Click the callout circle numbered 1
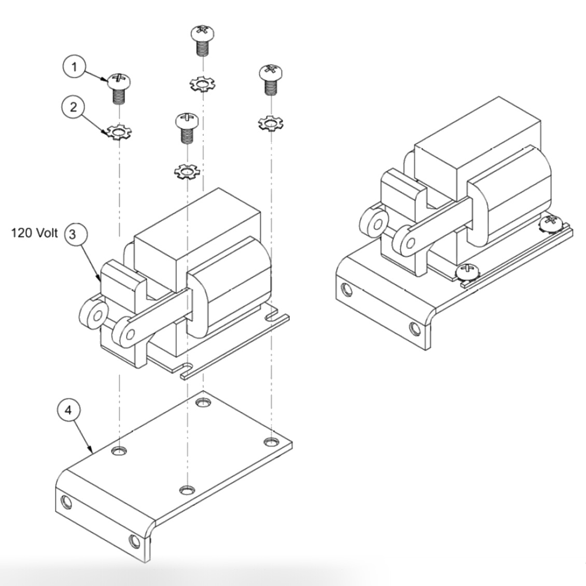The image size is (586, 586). click(x=76, y=68)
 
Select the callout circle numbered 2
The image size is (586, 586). click(x=73, y=107)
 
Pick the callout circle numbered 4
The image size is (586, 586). click(x=68, y=410)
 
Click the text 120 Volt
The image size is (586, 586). click(x=35, y=233)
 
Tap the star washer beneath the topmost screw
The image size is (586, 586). click(x=202, y=83)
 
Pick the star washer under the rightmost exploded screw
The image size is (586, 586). click(x=270, y=123)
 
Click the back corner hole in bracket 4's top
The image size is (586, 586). click(x=203, y=402)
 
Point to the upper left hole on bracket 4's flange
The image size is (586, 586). click(x=66, y=502)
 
